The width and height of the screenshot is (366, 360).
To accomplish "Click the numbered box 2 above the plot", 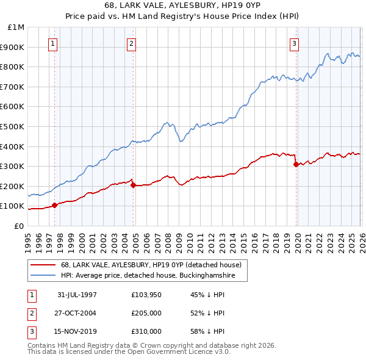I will coord(132,43).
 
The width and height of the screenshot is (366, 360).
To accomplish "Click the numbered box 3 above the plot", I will coord(295,43).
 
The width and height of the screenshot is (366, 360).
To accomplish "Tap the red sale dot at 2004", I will coord(133,185).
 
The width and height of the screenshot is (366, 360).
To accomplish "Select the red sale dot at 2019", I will coord(296,164).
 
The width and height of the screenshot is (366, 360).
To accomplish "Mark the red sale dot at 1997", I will coord(55,205).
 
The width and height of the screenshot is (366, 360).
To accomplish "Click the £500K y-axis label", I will coord(13,127).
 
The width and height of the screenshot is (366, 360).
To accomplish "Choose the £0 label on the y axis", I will coord(18,226).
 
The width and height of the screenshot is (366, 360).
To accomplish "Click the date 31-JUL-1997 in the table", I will coord(77,294).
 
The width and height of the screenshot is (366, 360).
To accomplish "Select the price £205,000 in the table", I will coord(146,314).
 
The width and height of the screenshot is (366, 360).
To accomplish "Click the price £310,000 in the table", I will coord(146,333).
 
